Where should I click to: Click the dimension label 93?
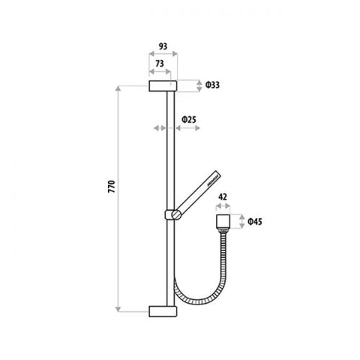tap(163, 46)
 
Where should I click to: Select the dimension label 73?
tap(160, 64)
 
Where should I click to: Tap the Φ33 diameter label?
tap(212, 85)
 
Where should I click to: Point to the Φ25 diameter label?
tap(189, 120)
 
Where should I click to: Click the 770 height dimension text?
tap(112, 187)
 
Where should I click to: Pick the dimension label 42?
tap(223, 197)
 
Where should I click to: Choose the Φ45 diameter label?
tap(255, 221)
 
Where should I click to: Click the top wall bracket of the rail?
tap(163, 85)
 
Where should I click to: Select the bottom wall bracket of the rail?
tap(163, 311)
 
